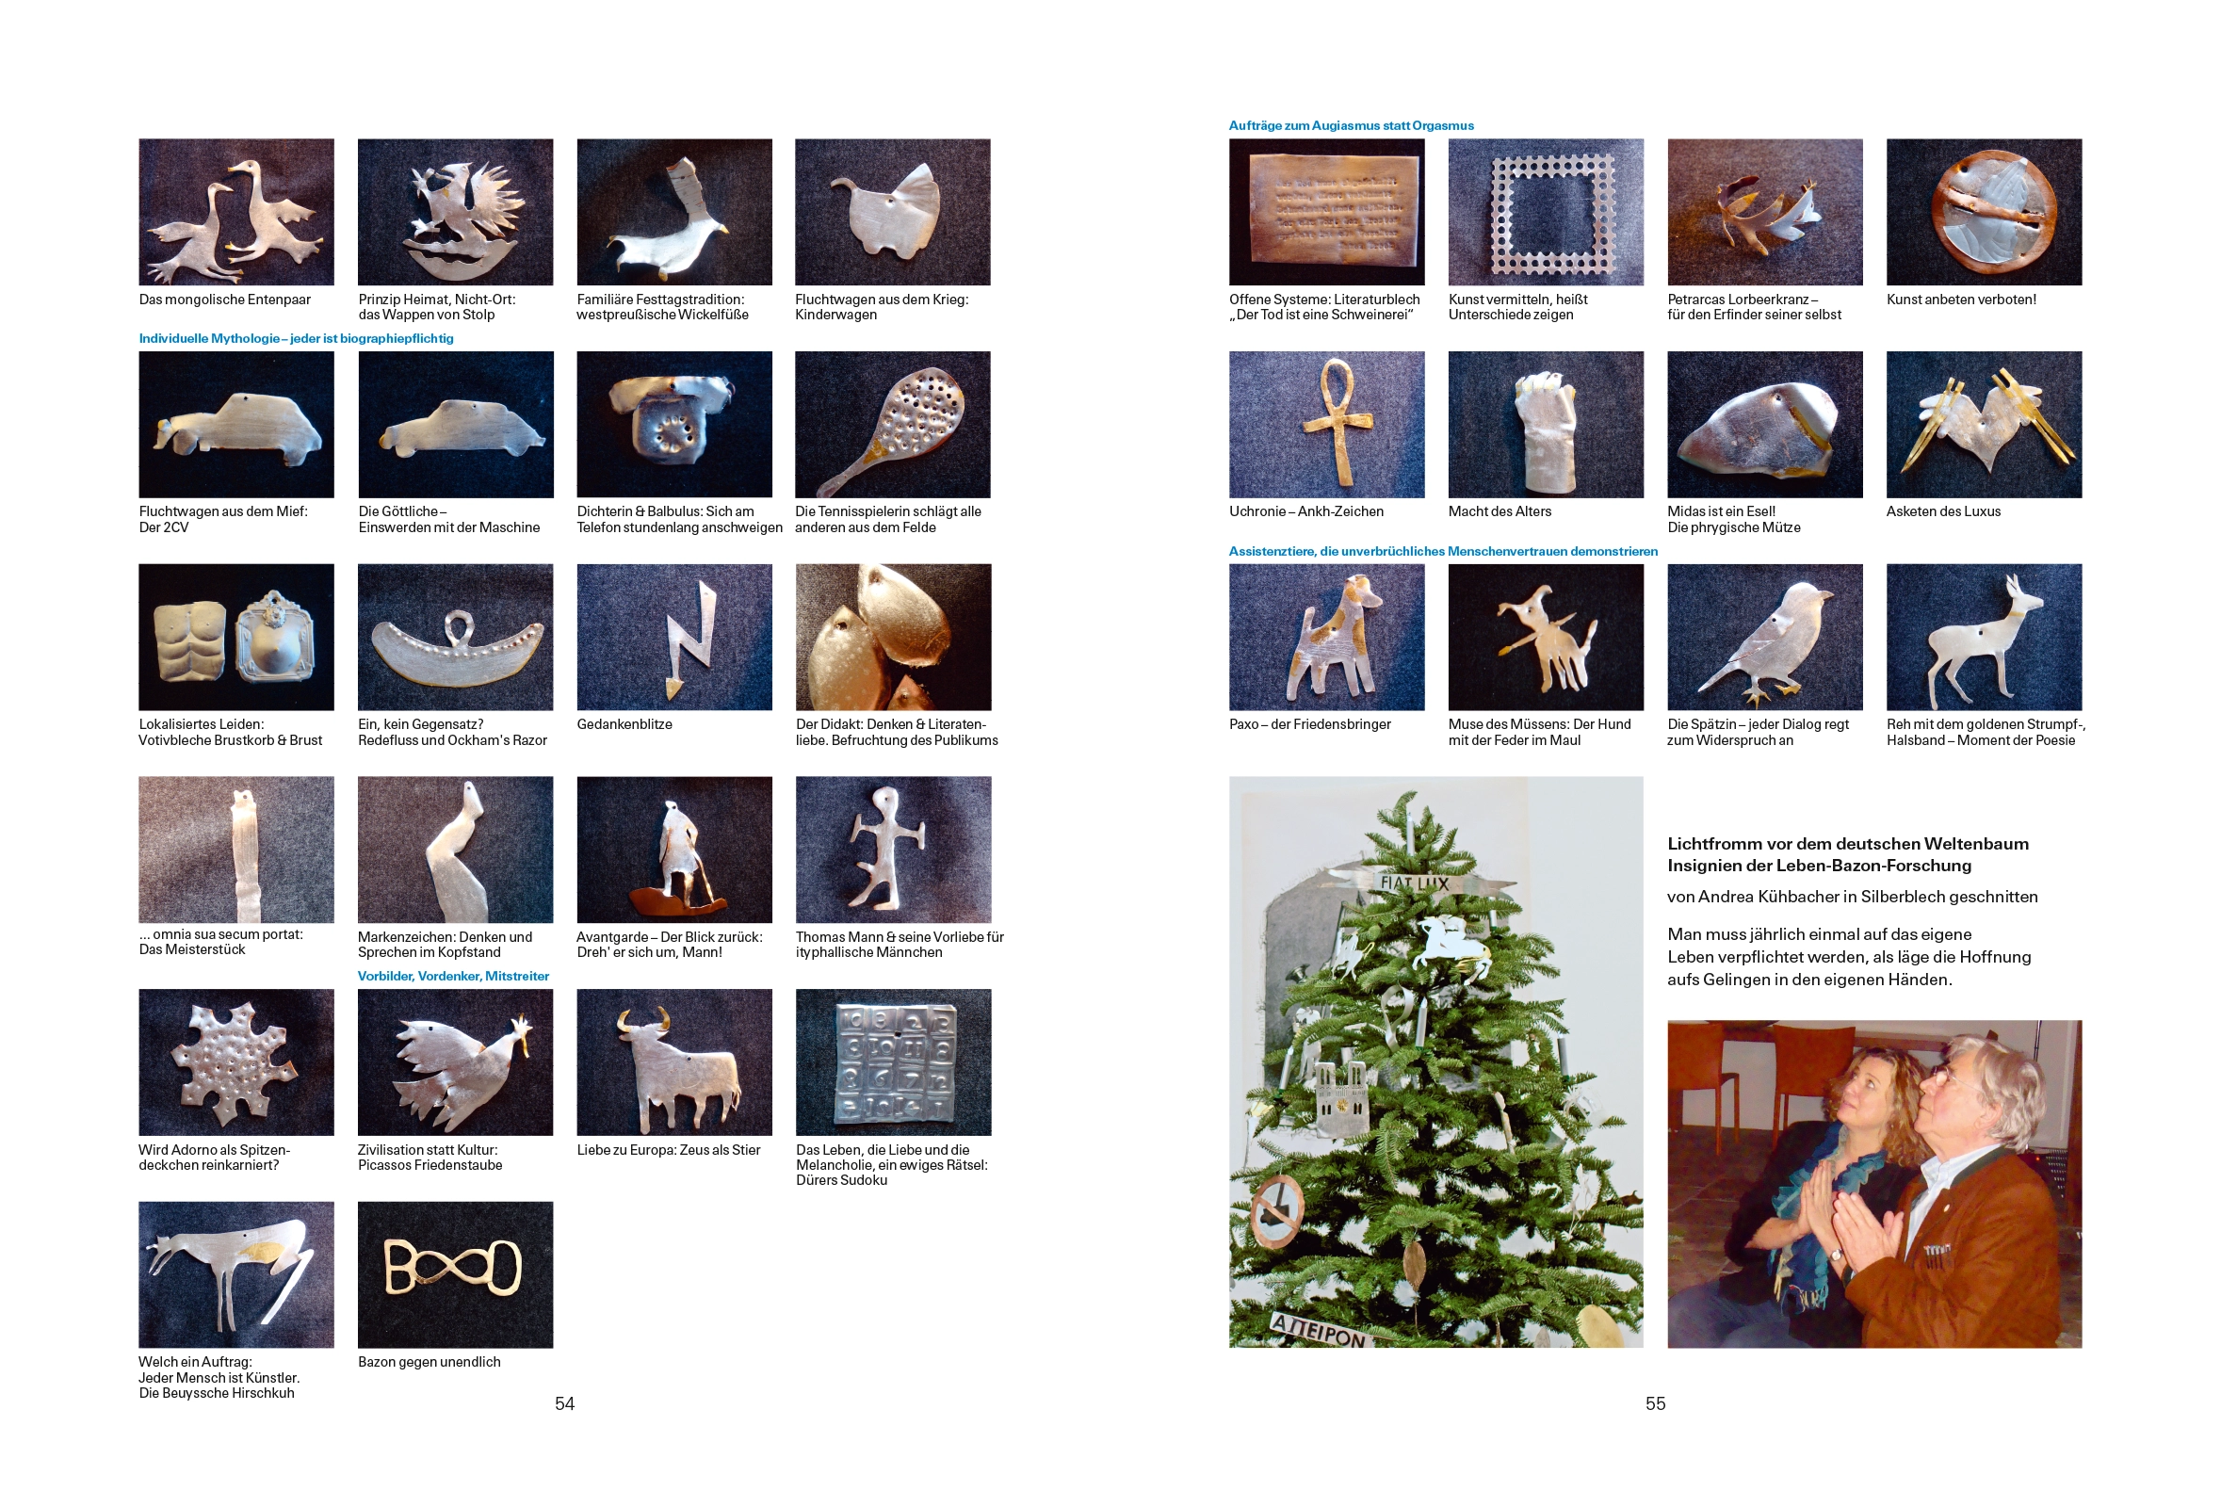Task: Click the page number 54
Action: (x=564, y=1402)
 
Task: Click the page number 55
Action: (x=1655, y=1402)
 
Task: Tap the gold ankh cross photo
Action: (x=1326, y=424)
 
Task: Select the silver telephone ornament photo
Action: (x=673, y=424)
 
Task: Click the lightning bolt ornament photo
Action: (x=673, y=637)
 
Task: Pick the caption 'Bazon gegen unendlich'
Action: (x=430, y=1362)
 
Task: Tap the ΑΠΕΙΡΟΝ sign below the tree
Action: (x=1320, y=1330)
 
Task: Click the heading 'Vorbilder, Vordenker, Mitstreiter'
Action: (x=453, y=976)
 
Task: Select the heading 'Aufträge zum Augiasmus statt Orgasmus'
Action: (x=1352, y=125)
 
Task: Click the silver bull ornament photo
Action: (x=673, y=1061)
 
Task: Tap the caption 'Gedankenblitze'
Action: (x=624, y=724)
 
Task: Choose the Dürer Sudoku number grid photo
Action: (x=894, y=1061)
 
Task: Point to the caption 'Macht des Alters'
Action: (x=1500, y=511)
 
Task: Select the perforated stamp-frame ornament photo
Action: (x=1547, y=211)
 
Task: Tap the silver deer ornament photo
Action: (x=1984, y=637)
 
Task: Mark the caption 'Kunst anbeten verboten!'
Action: (x=1961, y=300)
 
